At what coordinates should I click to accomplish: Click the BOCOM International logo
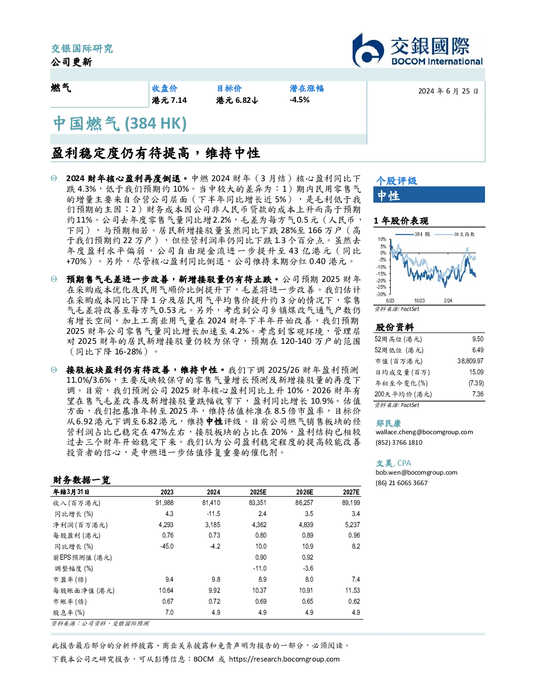[417, 50]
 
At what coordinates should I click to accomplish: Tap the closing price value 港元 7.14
[169, 100]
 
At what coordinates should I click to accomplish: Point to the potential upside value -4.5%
[300, 100]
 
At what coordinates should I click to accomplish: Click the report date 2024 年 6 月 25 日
[448, 91]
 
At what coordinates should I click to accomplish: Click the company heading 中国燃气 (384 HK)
[120, 124]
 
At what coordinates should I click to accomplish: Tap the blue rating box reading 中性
[429, 195]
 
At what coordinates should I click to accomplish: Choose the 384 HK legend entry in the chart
[413, 234]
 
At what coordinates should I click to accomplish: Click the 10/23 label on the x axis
[419, 301]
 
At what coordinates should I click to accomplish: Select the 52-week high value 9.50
[478, 339]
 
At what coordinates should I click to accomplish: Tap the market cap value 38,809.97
[470, 361]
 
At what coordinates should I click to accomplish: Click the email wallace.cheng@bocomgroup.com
[424, 432]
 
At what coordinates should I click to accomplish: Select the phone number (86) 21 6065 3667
[401, 483]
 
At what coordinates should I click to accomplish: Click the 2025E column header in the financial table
[258, 492]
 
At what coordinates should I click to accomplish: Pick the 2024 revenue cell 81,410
[211, 503]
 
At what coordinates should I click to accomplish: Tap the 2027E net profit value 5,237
[353, 524]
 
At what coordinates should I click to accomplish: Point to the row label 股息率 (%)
[69, 613]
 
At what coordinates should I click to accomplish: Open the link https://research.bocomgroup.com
[284, 659]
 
